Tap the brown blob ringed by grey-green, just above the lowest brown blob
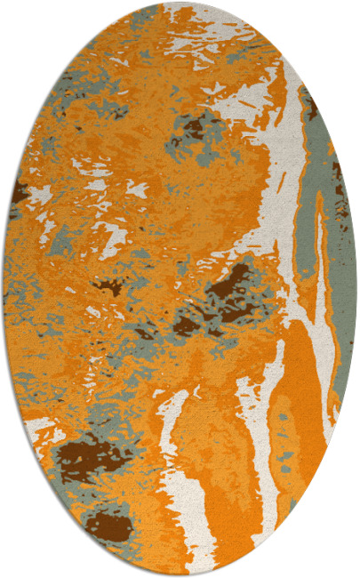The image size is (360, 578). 89,460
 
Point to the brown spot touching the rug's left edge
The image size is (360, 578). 20,190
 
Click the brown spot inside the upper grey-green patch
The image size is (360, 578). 194,130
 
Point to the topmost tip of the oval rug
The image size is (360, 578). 180,3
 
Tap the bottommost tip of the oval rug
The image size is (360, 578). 180,575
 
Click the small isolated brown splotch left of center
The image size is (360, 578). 110,286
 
